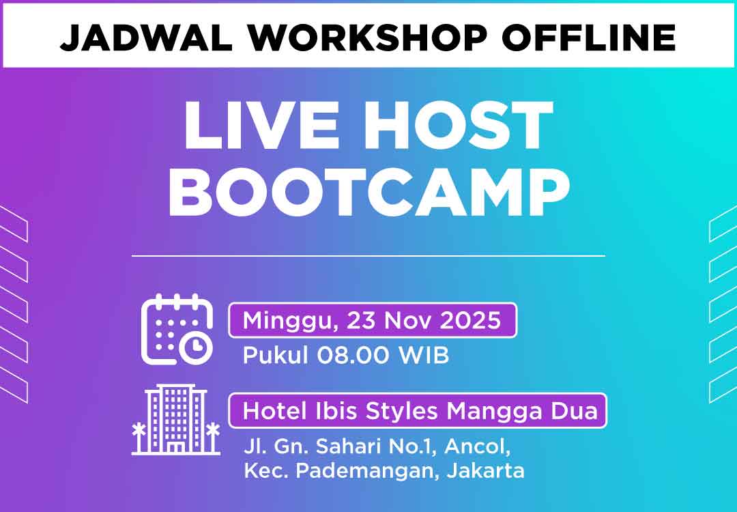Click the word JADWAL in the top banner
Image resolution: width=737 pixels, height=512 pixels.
click(146, 37)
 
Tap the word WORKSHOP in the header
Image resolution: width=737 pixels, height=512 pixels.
click(368, 37)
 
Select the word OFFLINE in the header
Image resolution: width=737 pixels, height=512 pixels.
click(589, 37)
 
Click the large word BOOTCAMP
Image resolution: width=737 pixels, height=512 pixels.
click(369, 193)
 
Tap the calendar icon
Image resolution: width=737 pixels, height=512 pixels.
click(177, 328)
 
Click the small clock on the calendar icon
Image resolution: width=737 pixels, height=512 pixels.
click(196, 348)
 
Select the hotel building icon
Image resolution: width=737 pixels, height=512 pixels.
click(175, 419)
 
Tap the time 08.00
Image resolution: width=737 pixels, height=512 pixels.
click(353, 356)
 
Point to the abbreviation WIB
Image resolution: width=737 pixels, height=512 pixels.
click(424, 356)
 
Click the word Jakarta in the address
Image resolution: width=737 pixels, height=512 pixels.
click(486, 470)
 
